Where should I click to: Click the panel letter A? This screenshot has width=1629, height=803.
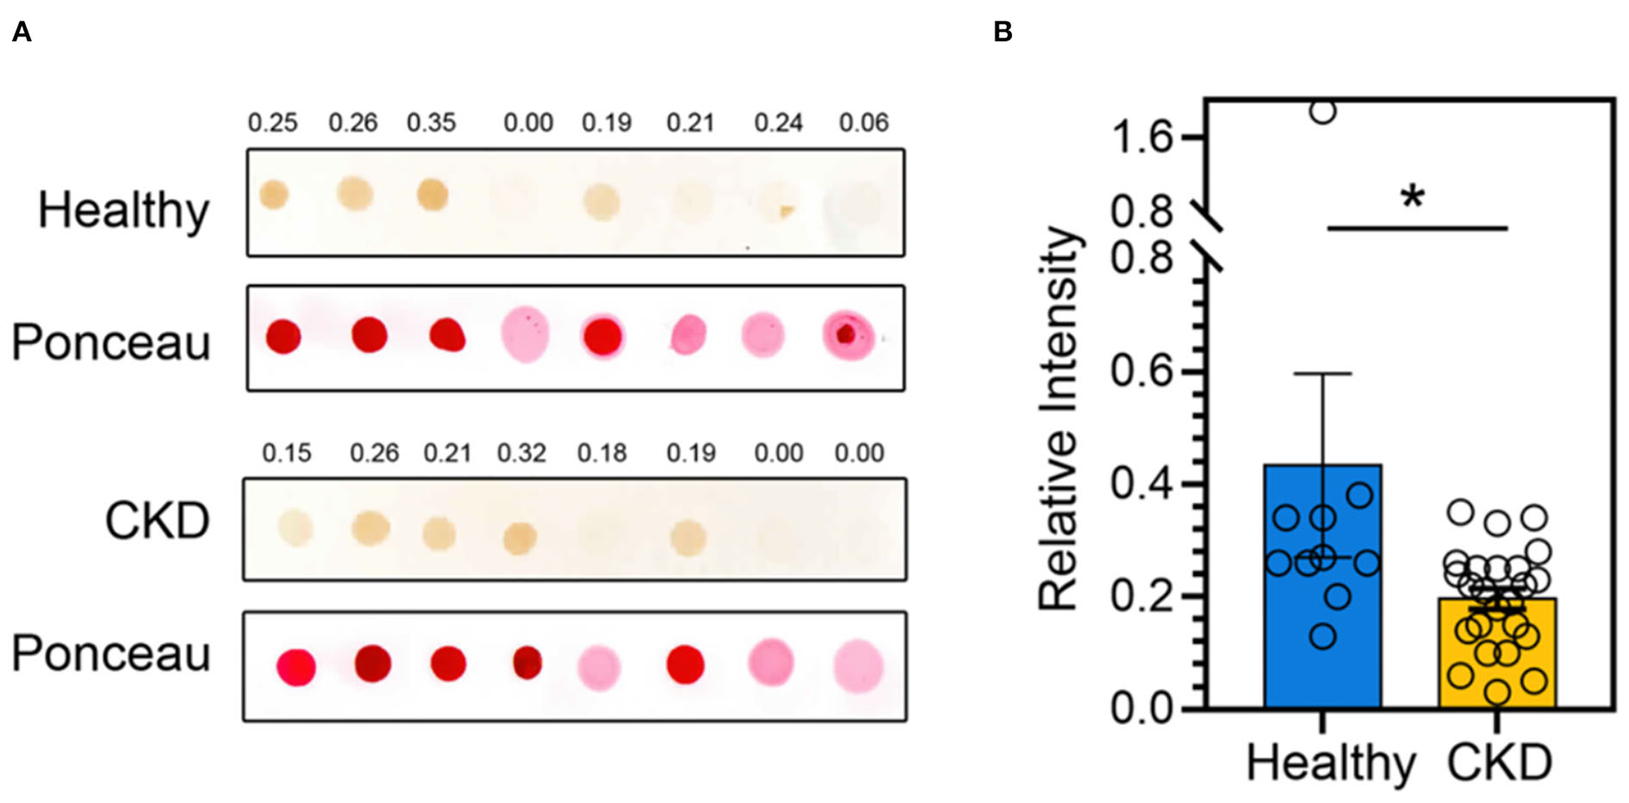tap(21, 32)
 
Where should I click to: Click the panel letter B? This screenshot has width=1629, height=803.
tap(1003, 32)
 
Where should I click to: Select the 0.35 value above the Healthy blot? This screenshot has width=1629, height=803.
tap(431, 123)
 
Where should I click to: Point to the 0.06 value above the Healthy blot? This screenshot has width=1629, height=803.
tap(863, 123)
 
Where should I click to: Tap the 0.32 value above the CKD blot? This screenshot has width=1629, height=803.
tap(521, 453)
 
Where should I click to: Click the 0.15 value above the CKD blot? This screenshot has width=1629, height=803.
tap(287, 453)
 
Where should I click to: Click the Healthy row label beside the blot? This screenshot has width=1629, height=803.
tap(123, 209)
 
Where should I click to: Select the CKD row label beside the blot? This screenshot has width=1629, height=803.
tap(157, 521)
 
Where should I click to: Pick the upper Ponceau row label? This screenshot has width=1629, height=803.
tap(110, 342)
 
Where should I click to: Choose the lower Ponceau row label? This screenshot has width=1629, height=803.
tap(110, 653)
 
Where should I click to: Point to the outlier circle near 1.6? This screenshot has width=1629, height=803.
tap(1323, 112)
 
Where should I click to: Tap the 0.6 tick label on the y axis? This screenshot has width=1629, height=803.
tap(1142, 373)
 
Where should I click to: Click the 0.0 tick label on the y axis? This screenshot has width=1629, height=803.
tap(1142, 709)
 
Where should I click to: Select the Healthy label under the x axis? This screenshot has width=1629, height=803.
tap(1330, 763)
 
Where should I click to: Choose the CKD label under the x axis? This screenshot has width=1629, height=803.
tap(1499, 763)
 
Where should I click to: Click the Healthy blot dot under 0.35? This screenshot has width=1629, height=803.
tap(432, 195)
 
